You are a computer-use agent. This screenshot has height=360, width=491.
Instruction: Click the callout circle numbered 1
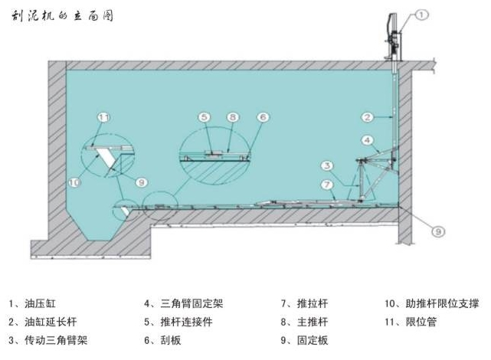[x=424, y=14]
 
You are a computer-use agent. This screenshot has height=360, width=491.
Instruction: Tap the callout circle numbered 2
[x=368, y=117]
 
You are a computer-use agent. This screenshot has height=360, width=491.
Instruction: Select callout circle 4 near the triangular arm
[x=367, y=139]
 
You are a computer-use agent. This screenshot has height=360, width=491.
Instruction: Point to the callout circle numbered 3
[x=326, y=165]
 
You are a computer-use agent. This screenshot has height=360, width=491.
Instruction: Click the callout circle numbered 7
[x=327, y=185]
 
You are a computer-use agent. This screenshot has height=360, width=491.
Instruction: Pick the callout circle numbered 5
[x=204, y=117]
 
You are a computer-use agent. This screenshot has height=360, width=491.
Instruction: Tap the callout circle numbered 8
[x=231, y=117]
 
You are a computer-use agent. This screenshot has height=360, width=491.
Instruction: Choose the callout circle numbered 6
[x=262, y=117]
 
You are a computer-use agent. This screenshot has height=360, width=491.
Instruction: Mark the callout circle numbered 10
[x=74, y=182]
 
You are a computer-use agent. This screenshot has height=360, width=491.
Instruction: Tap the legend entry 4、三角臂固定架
[x=183, y=303]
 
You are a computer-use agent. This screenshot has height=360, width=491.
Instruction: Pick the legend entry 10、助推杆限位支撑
[x=433, y=303]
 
